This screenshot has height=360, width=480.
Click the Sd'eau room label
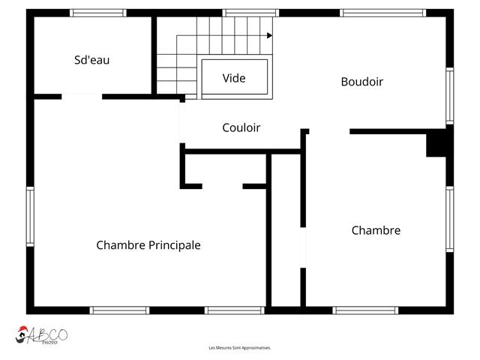click(91, 60)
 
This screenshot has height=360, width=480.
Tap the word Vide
click(234, 78)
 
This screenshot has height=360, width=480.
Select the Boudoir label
click(361, 82)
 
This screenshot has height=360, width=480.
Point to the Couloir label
click(241, 127)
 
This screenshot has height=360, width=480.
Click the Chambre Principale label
click(148, 245)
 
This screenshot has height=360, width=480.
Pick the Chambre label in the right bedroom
click(376, 230)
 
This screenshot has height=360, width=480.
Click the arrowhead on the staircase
click(269, 35)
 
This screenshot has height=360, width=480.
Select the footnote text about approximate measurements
click(240, 348)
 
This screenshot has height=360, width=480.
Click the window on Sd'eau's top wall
click(98, 13)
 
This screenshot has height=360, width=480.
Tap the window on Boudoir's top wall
click(382, 13)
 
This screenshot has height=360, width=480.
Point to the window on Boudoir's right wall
click(449, 95)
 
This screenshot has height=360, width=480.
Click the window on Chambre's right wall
click(449, 219)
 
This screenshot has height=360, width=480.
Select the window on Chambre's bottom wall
click(365, 310)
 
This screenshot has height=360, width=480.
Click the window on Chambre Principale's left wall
click(31, 217)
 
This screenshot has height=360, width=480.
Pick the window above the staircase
click(251, 13)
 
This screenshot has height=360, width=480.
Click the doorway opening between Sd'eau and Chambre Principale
click(82, 96)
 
